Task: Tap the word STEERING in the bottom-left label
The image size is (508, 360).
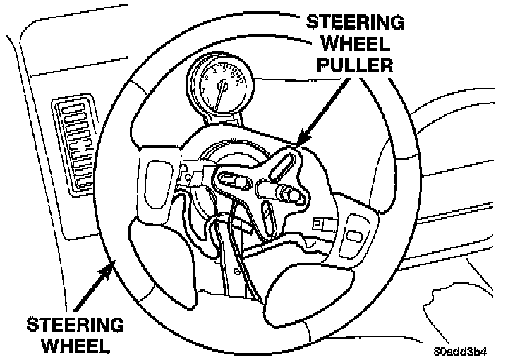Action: click(75, 325)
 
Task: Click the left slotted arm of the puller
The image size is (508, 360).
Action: click(234, 183)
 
